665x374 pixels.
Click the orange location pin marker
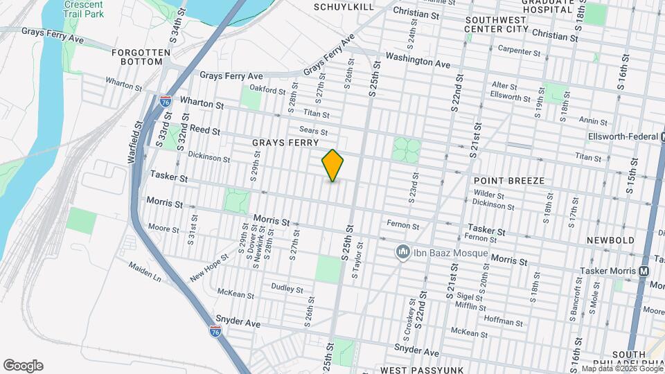(x=332, y=166)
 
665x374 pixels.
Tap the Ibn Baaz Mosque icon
(x=402, y=252)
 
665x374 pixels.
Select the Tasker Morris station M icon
(x=644, y=271)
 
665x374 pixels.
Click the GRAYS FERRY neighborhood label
(x=280, y=143)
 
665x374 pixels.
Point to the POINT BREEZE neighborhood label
(x=508, y=181)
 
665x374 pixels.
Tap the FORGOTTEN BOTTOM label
(x=137, y=57)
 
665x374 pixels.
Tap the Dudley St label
(x=287, y=287)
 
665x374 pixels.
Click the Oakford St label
(x=267, y=90)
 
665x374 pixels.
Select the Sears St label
(x=313, y=130)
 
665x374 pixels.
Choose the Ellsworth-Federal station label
(x=621, y=136)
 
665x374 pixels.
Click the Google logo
(x=23, y=365)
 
